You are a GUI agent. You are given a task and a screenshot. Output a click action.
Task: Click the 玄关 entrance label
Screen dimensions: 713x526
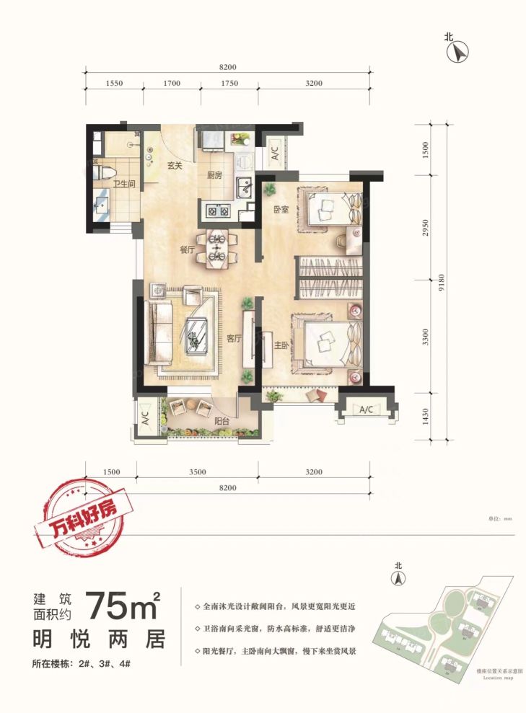point(175,165)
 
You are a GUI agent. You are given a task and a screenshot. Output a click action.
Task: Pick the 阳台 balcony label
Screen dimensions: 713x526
point(222,421)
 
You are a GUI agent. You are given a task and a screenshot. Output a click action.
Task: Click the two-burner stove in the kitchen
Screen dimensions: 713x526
point(219,211)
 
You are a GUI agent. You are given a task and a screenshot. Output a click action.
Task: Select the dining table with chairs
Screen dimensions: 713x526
point(217,247)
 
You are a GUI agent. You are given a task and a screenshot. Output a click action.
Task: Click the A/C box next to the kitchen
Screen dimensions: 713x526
point(275,154)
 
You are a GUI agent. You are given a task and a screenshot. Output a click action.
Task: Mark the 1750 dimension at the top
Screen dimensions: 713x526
point(229,84)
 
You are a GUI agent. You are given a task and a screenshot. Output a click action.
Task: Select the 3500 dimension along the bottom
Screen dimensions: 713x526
point(198,472)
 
